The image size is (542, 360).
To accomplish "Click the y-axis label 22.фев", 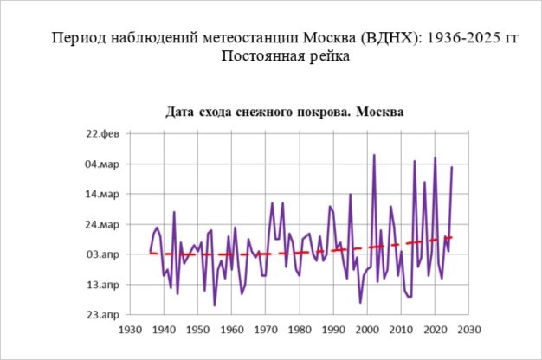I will (103, 134).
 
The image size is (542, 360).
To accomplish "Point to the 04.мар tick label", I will (102, 164).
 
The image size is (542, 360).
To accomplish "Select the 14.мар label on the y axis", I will (102, 195).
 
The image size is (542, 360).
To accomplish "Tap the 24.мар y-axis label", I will (102, 225).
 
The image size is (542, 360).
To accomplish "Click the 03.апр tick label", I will (102, 254).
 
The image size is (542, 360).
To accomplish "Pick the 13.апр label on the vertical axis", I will (102, 285).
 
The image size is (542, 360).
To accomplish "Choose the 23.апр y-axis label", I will (102, 315).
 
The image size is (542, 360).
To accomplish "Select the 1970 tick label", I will (266, 330).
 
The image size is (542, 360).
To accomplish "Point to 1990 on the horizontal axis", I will (333, 330).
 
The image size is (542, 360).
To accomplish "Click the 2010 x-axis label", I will (401, 330).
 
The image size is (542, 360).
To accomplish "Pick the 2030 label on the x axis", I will (468, 330).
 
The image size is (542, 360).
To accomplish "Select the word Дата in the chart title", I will (183, 112).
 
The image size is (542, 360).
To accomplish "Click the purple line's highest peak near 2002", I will (374, 155).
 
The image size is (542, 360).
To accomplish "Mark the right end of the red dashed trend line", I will (452, 237).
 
